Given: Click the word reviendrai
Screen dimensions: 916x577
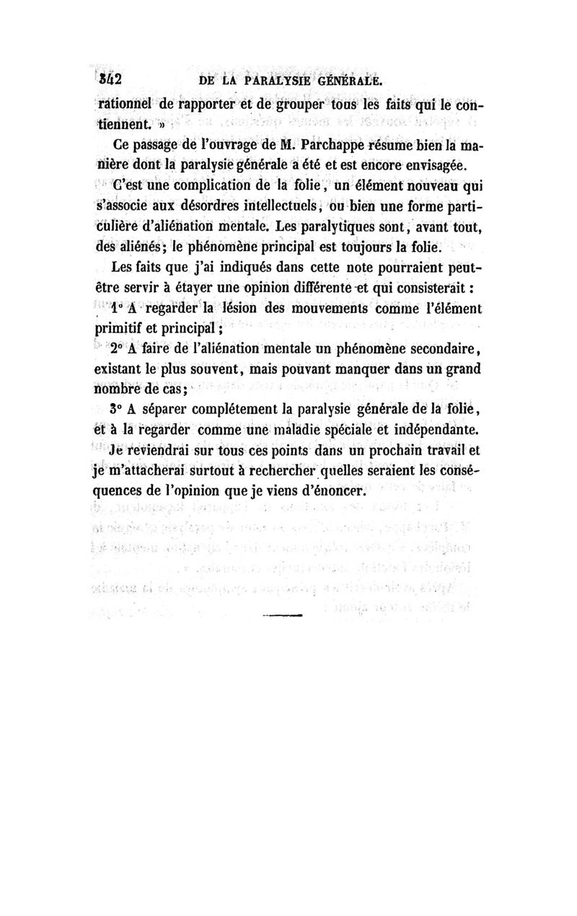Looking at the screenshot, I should [x=160, y=452].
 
